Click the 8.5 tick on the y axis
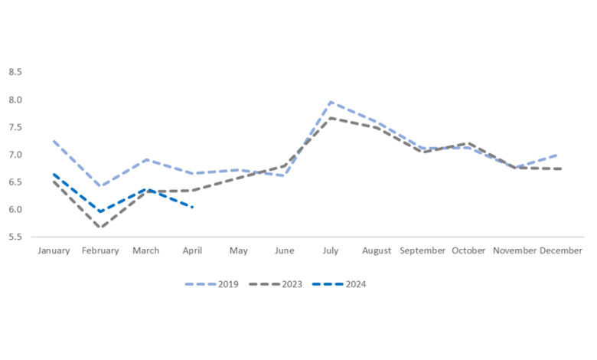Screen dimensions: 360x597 click(15, 72)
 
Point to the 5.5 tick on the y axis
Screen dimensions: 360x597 click(15, 237)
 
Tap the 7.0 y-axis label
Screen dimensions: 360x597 click(15, 155)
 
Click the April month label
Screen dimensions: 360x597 click(193, 251)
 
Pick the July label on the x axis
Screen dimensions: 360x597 click(330, 251)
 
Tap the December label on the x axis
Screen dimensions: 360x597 click(561, 251)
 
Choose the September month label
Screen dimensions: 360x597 click(422, 251)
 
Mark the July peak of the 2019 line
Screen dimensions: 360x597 click(330, 102)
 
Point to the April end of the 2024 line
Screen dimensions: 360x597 click(193, 207)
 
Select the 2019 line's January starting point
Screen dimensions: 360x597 click(54, 141)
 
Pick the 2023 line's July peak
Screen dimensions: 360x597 click(330, 117)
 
